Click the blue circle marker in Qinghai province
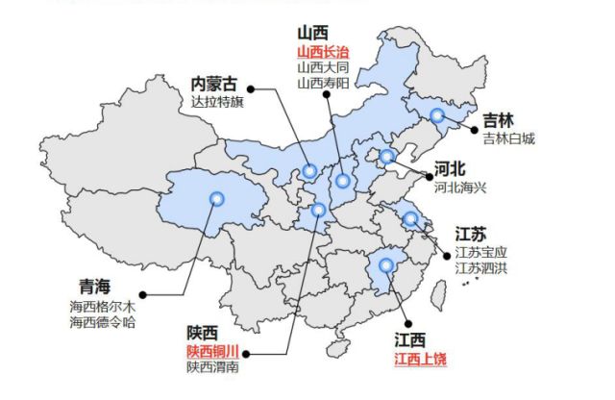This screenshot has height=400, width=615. point(216,199)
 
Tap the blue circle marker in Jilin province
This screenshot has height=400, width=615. point(437,116)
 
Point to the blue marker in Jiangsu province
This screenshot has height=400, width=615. point(410,218)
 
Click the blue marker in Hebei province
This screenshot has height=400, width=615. point(386,157)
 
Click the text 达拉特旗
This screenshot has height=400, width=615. point(218,101)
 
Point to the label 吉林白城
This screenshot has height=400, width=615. point(508,138)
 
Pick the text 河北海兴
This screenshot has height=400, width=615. point(460,187)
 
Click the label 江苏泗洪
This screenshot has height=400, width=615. point(481,267)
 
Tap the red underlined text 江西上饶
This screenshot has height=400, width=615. point(421,359)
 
